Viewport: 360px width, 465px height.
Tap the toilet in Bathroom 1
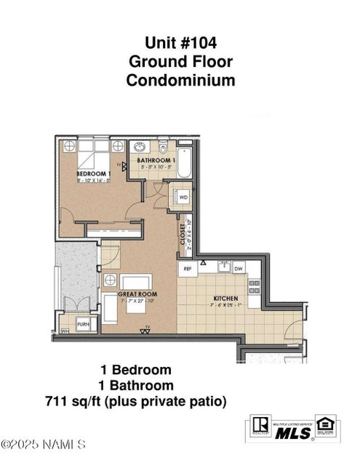tap(163, 145)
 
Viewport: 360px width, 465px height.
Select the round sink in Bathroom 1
tap(140, 146)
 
